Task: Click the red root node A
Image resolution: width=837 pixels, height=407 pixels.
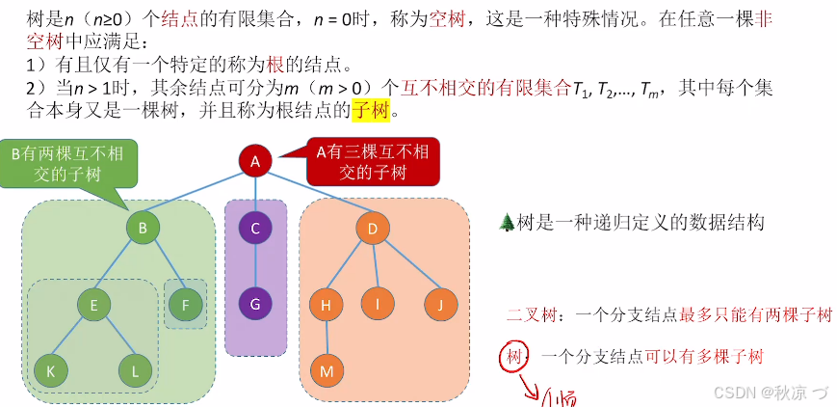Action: click(255, 162)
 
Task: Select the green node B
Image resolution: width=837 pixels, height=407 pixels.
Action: click(143, 229)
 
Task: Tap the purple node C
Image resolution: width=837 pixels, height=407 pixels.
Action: click(255, 229)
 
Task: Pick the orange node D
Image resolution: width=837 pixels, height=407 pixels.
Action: click(372, 229)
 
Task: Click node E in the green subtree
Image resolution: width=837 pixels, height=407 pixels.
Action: click(93, 305)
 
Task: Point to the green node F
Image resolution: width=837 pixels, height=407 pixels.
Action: click(185, 305)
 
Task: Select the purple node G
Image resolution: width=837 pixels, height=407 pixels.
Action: click(255, 305)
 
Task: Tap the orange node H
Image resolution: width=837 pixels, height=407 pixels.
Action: click(326, 305)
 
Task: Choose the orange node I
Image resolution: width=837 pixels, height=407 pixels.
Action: click(378, 305)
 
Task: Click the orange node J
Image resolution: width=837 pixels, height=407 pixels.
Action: click(439, 305)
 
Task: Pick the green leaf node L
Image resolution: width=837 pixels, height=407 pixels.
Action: click(136, 369)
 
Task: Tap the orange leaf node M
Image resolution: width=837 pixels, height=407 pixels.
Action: click(326, 369)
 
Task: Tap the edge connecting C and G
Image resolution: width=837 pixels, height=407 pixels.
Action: click(255, 267)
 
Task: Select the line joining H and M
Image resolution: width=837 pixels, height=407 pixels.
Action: click(326, 338)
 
